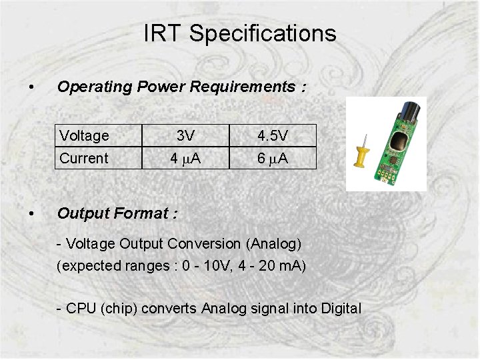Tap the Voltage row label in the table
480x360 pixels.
pos(84,136)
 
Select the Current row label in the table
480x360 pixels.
pos(83,159)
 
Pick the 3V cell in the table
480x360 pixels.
pos(185,136)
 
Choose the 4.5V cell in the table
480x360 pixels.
pos(273,136)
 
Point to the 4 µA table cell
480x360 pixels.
pos(185,159)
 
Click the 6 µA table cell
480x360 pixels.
pos(273,159)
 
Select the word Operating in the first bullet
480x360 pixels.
pos(95,87)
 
